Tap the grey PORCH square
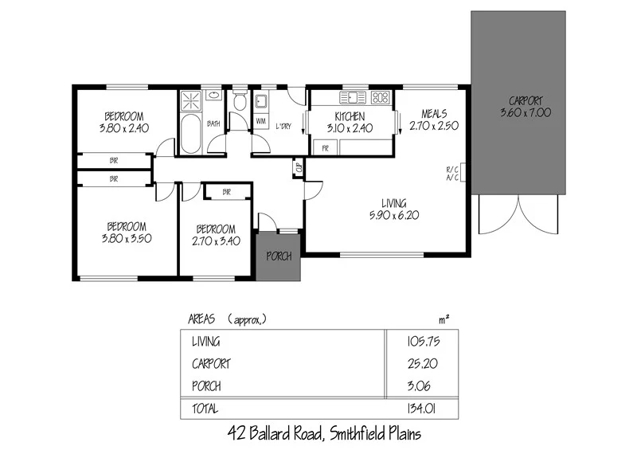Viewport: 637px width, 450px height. [279, 256]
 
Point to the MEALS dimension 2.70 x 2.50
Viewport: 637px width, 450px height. [433, 126]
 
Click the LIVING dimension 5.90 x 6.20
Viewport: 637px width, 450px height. [394, 215]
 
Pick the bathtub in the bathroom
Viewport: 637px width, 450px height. [191, 135]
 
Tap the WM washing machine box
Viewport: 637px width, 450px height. [260, 121]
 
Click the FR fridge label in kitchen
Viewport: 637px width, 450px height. [325, 148]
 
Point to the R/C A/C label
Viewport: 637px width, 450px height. [452, 174]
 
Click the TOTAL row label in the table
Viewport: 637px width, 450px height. [206, 409]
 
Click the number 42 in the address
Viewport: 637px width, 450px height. [236, 434]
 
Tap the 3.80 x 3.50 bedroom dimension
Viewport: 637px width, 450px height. [126, 237]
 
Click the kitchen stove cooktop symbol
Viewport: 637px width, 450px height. [380, 98]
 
